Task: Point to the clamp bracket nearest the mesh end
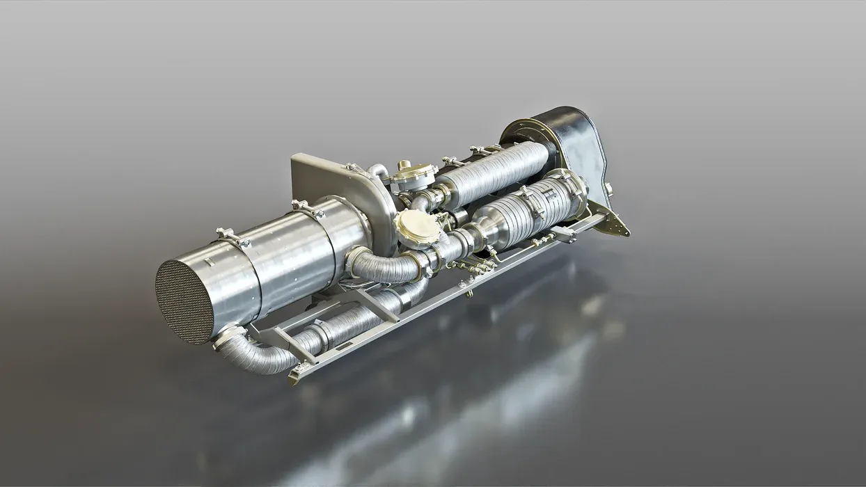point(233,237)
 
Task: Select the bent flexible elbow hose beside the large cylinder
point(380,266)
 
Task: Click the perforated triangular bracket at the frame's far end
point(613,221)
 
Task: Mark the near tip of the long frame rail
point(294,378)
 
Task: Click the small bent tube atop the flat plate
point(379,169)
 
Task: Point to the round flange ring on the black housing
point(529,132)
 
